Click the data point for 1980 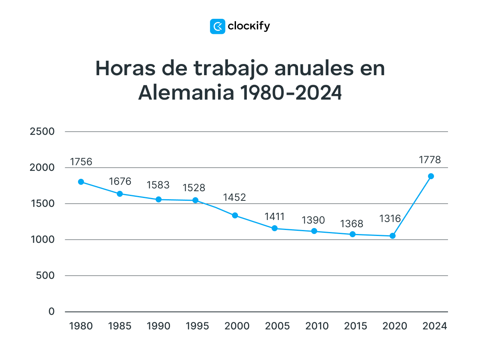point(81,182)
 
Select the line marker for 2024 point(431,176)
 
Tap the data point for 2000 point(235,215)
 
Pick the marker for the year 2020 point(392,236)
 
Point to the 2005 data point point(274,228)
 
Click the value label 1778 point(430,160)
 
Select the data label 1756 point(81,162)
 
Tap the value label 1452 point(234,197)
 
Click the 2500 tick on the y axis point(42,132)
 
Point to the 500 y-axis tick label point(45,276)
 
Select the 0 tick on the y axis point(51,312)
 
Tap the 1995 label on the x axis point(198,326)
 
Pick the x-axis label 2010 point(317,326)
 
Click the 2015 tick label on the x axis point(356,326)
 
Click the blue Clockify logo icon point(218,26)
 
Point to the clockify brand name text point(249,26)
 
